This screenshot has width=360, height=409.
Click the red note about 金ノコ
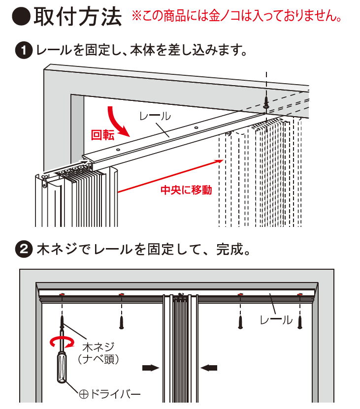pos(237,17)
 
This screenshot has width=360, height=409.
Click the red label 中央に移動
pos(186,190)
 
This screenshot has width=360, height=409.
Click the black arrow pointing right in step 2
pos(151,367)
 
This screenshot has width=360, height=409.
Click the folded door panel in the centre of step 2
pos(181,349)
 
